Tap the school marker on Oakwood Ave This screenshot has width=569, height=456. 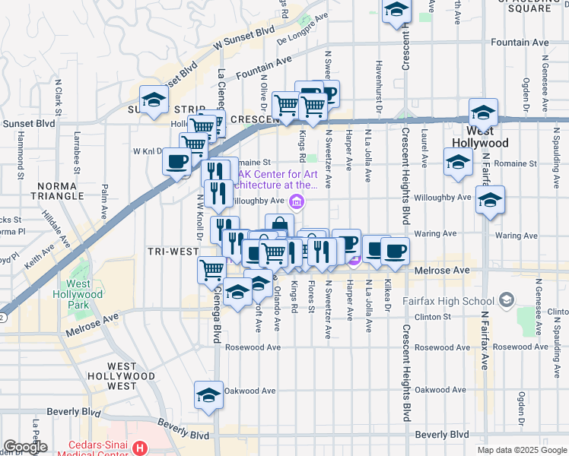coord(208,395)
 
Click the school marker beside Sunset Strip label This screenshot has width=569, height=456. coord(154,100)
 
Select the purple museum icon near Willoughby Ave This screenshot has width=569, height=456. coord(297,201)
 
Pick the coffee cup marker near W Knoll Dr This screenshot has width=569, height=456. coord(176,161)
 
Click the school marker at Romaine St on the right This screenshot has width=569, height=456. coord(458,163)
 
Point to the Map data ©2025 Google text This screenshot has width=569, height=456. coord(522,450)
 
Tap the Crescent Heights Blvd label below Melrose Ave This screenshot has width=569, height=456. coord(405,372)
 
